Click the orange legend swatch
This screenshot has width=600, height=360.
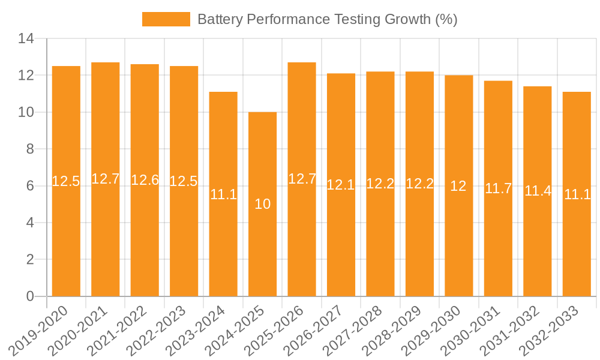click(x=166, y=19)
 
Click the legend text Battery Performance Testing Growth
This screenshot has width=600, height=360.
click(x=327, y=19)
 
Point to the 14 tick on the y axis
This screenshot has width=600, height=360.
click(x=27, y=39)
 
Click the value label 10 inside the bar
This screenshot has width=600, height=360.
click(x=262, y=204)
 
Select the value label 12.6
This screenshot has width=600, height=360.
click(x=145, y=180)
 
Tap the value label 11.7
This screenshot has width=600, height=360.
click(x=498, y=188)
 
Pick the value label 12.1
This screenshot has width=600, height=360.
click(x=341, y=185)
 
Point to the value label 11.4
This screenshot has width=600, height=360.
click(x=538, y=191)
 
